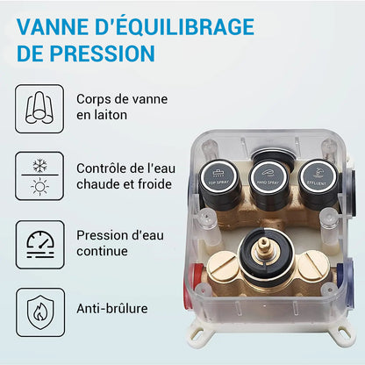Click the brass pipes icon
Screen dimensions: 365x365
coord(39,109)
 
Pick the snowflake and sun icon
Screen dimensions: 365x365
coord(39,175)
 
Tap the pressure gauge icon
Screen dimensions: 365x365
coord(39,242)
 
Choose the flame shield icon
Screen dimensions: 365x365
coord(39,308)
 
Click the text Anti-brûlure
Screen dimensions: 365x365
coord(112,308)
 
